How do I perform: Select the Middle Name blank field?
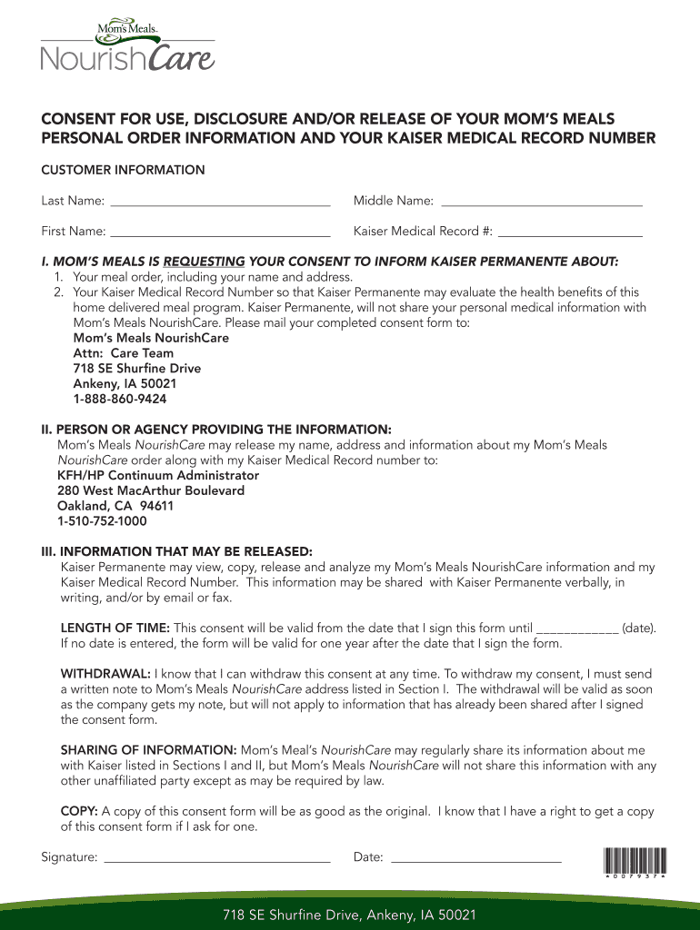click(541, 202)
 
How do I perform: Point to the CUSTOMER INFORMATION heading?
click(123, 170)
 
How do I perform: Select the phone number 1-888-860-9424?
click(119, 399)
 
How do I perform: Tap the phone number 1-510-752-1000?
click(102, 521)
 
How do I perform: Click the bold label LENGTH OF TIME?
click(115, 628)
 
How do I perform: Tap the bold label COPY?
click(79, 811)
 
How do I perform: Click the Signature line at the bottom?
click(217, 858)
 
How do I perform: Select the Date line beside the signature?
click(475, 858)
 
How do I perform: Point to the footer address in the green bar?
click(350, 915)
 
